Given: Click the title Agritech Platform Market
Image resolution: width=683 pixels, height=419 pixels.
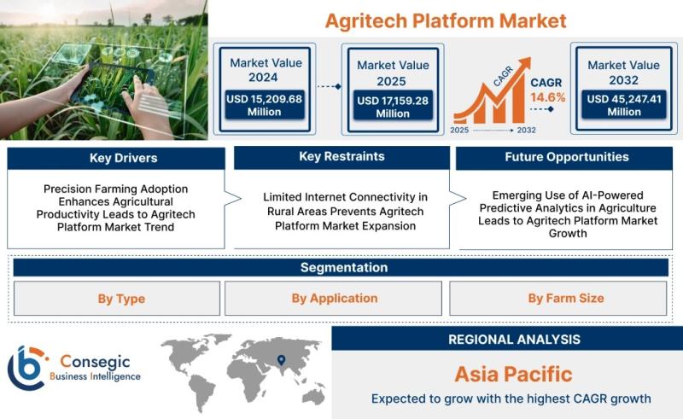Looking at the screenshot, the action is [445, 20].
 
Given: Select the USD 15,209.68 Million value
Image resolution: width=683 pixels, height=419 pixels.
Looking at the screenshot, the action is [264, 105].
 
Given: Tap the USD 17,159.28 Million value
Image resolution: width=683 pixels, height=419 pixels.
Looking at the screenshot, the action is [393, 107].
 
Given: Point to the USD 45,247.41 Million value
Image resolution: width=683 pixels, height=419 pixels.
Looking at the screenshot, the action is [624, 105].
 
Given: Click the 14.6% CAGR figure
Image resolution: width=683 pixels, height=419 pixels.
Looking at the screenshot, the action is [547, 97].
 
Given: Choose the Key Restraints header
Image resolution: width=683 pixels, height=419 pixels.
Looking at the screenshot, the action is [342, 157].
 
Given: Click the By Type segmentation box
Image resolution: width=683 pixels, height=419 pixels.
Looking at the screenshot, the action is [117, 299].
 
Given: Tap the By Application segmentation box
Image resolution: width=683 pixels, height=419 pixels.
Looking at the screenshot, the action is [333, 299].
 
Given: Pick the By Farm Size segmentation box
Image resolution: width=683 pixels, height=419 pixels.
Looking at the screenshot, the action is [558, 299].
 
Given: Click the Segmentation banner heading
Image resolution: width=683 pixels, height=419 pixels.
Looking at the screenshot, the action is [344, 267].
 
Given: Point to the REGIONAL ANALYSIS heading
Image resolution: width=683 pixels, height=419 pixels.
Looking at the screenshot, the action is [515, 340].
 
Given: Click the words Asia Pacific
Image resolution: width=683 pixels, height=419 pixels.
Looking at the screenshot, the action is [514, 374].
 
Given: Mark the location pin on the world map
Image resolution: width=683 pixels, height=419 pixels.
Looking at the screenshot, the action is [282, 360].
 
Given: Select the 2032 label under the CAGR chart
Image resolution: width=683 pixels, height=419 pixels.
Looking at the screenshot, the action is [526, 131].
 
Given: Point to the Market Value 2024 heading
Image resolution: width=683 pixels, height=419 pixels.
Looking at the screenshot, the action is [266, 70].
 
